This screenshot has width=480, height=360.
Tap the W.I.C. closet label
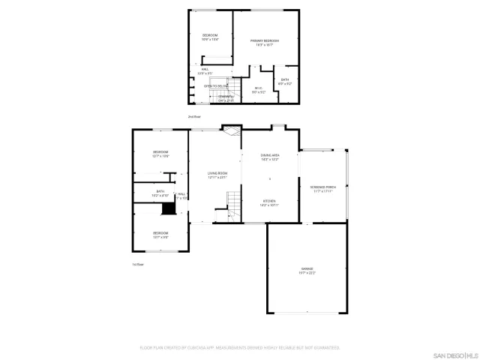point(258,88)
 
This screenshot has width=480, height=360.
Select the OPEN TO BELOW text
point(215,86)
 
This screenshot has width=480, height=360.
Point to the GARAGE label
point(307,268)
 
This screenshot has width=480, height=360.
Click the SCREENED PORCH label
point(323,187)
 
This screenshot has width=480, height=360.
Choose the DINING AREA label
point(270,155)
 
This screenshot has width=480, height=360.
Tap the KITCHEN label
point(270,201)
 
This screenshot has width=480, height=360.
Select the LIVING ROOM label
point(217,173)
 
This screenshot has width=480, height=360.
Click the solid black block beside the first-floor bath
point(169,208)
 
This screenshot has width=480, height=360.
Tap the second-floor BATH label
point(285,79)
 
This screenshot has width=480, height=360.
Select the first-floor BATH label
point(160,191)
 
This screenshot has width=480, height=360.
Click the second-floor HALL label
point(205,69)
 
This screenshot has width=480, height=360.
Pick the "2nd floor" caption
point(194,116)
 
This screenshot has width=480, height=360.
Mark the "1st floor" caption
point(137,264)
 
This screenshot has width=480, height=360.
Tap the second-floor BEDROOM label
point(209,36)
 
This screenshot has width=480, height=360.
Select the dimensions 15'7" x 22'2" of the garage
point(307,273)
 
